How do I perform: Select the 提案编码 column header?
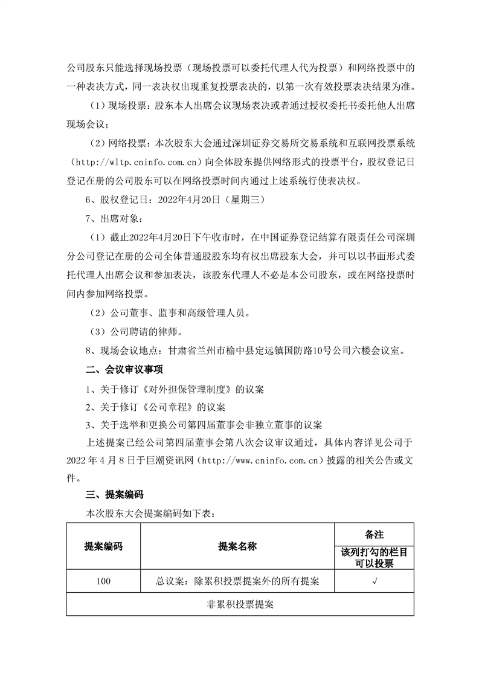click(103, 546)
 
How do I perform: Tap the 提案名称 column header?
click(237, 546)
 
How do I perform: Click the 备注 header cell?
click(375, 534)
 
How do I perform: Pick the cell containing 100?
click(103, 581)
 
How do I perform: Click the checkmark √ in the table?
click(375, 581)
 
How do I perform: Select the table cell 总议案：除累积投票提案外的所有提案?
click(237, 581)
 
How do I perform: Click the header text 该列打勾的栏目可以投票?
click(375, 558)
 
